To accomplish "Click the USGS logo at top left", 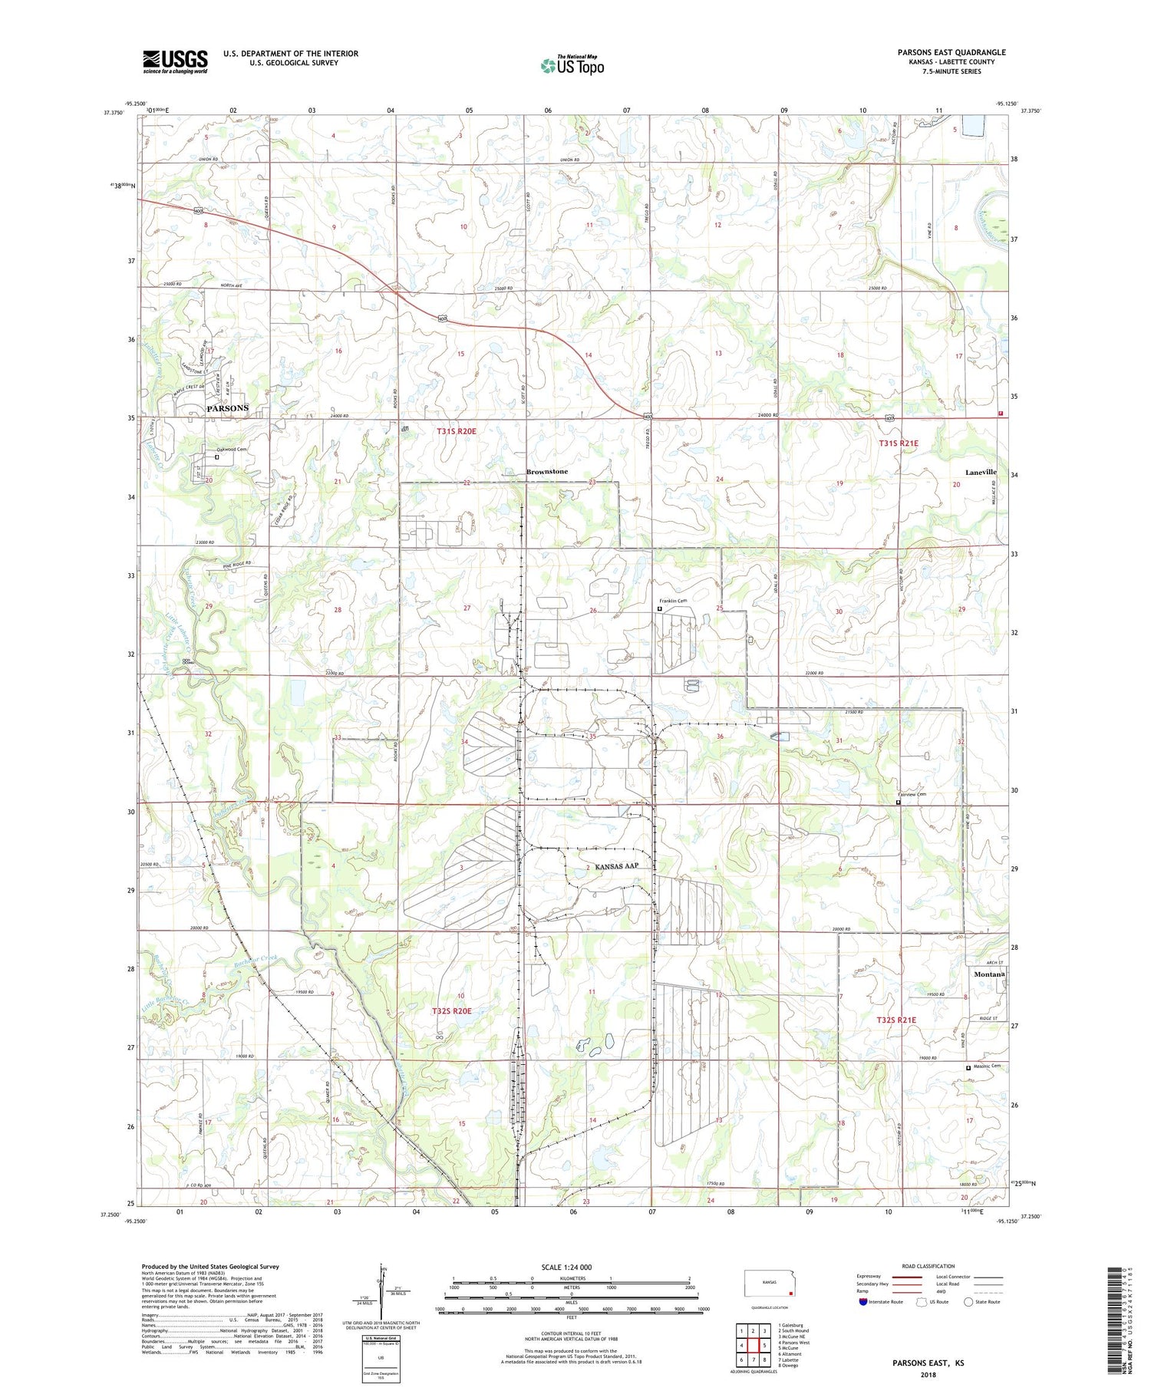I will pyautogui.click(x=175, y=61).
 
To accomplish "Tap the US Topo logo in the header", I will pyautogui.click(x=572, y=65).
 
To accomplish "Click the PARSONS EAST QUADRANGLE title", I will pyautogui.click(x=951, y=52).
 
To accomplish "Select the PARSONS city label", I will pyautogui.click(x=227, y=408).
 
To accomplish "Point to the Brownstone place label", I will pyautogui.click(x=547, y=471).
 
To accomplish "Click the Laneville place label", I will pyautogui.click(x=981, y=472).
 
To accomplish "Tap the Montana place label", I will pyautogui.click(x=988, y=974).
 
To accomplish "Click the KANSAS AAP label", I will pyautogui.click(x=616, y=866).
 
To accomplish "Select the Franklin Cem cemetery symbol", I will pyautogui.click(x=660, y=608).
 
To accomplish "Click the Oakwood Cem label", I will pyautogui.click(x=231, y=450).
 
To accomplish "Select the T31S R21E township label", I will pyautogui.click(x=899, y=443).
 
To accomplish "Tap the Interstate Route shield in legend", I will pyautogui.click(x=863, y=1301).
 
